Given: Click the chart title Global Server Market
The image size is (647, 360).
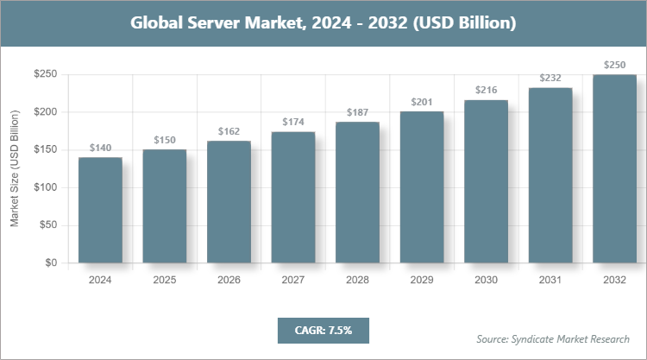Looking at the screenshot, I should coord(323,23).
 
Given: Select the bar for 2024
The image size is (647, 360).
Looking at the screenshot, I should coord(100,210).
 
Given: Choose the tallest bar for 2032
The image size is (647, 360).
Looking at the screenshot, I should coord(614,168).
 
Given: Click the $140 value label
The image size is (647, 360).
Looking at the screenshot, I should coord(100,148).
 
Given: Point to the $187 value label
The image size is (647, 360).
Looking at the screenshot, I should coord(357,113).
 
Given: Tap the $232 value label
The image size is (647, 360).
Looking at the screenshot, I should coord(550,79).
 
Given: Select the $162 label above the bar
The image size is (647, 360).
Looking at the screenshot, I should coord(229,132).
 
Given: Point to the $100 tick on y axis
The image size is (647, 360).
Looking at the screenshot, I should coord(46,187).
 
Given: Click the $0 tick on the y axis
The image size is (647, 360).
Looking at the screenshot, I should coord(51,263).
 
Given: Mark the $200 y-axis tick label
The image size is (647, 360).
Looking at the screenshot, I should coord(46,112).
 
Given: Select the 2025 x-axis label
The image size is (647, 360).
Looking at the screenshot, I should coord(165,281).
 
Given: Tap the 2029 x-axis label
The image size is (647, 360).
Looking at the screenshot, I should coord(422,281).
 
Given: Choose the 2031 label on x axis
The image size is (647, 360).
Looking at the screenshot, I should coord(550,281).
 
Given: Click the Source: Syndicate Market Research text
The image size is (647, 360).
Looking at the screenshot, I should coord(552,338).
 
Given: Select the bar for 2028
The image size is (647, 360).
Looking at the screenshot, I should coord(357,193).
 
